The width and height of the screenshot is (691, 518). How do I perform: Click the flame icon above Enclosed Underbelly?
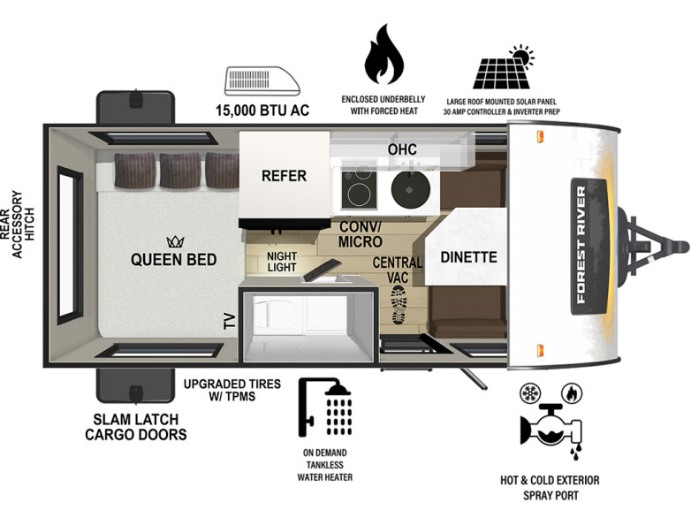pyautogui.click(x=383, y=54)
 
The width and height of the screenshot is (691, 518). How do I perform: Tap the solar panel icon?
pyautogui.click(x=504, y=67)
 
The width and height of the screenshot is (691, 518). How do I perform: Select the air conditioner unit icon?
pyautogui.click(x=262, y=81)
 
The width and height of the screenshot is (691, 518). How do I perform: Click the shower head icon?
pyautogui.click(x=325, y=408)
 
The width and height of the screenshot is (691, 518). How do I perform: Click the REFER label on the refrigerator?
pyautogui.click(x=284, y=176)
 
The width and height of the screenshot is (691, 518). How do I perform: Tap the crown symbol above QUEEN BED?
pyautogui.click(x=175, y=241)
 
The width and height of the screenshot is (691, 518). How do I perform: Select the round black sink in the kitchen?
pyautogui.click(x=410, y=189)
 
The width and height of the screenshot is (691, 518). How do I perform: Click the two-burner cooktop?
pyautogui.click(x=359, y=187)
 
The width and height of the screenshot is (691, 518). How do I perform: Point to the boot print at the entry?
pyautogui.click(x=399, y=305)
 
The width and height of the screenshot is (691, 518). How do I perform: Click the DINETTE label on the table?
pyautogui.click(x=468, y=257)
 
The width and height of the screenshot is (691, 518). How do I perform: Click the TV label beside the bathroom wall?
pyautogui.click(x=230, y=321)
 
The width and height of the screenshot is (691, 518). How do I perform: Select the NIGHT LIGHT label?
pyautogui.click(x=282, y=262)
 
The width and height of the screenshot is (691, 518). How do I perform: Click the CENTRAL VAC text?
pyautogui.click(x=397, y=270)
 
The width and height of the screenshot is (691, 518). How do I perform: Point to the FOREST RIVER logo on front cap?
pyautogui.click(x=581, y=245)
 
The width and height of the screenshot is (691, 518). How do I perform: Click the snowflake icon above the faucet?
pyautogui.click(x=528, y=392)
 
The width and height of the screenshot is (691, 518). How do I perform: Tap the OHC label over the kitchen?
pyautogui.click(x=402, y=149)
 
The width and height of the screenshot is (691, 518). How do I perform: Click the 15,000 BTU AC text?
pyautogui.click(x=262, y=110)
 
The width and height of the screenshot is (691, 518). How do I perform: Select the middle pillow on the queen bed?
pyautogui.click(x=179, y=171)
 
